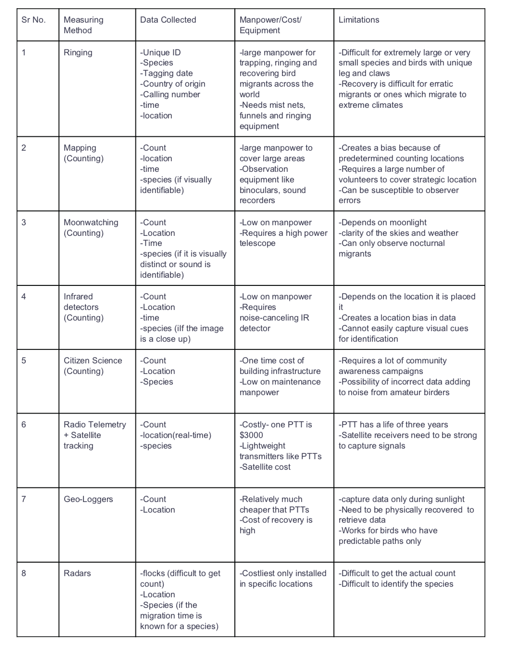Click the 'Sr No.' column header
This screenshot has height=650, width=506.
33,20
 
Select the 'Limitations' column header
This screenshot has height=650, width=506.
359,20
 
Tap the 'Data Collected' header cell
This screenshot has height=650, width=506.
168,20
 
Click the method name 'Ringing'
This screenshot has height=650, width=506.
78,53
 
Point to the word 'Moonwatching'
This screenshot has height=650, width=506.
91,222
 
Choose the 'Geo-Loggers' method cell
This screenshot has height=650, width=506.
88,499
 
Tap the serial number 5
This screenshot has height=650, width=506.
24,361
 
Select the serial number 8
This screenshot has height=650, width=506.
24,573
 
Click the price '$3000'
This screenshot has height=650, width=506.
251,435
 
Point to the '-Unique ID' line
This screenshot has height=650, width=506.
160,53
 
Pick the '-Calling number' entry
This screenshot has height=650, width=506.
170,94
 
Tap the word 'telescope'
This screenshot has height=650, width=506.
257,243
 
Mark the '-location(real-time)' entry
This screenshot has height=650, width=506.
175,435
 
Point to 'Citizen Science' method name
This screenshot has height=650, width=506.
93,361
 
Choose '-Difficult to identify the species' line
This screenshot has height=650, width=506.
396,584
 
